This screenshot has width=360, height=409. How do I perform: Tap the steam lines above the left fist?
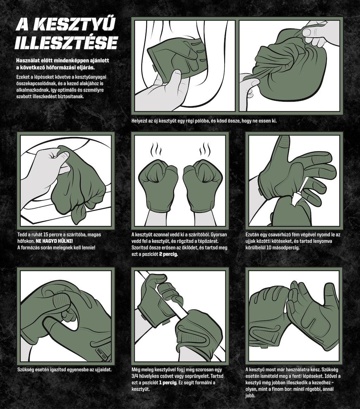156,150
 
